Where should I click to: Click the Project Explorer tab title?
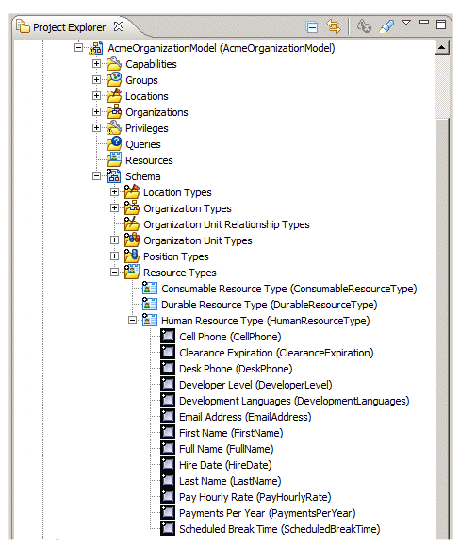tap(69, 27)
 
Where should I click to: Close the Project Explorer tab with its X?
tap(119, 26)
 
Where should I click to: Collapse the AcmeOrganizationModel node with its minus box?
tap(78, 48)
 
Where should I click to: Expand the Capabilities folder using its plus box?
tap(96, 64)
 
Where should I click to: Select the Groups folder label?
tap(141, 80)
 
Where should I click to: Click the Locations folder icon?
tap(114, 95)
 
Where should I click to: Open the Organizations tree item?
tap(156, 112)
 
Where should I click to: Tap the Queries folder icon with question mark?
tap(114, 143)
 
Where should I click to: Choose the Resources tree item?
tap(149, 160)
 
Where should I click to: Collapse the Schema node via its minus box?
tap(96, 175)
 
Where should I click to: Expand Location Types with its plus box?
tap(114, 191)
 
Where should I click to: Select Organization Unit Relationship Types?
tap(226, 224)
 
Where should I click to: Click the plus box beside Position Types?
tap(114, 256)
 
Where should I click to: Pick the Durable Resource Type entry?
tap(270, 305)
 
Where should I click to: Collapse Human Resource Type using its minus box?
tap(132, 320)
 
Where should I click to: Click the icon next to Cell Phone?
tap(168, 336)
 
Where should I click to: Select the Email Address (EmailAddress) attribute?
tap(245, 417)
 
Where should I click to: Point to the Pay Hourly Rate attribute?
tap(255, 497)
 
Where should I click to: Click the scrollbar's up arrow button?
tap(441, 47)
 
